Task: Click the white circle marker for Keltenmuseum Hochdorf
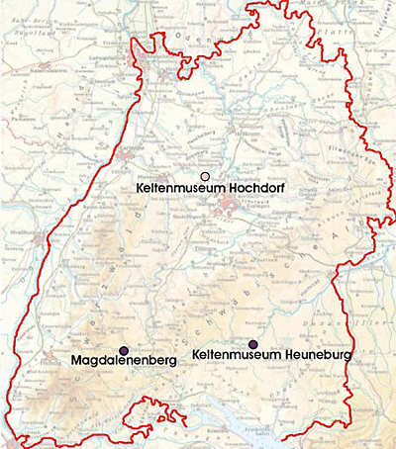pos(205,175)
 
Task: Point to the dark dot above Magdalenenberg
pos(124,351)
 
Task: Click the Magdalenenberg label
pos(124,362)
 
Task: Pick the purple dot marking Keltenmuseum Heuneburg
pos(253,343)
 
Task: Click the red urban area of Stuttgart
pos(230,206)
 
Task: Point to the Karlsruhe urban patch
pos(128,152)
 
